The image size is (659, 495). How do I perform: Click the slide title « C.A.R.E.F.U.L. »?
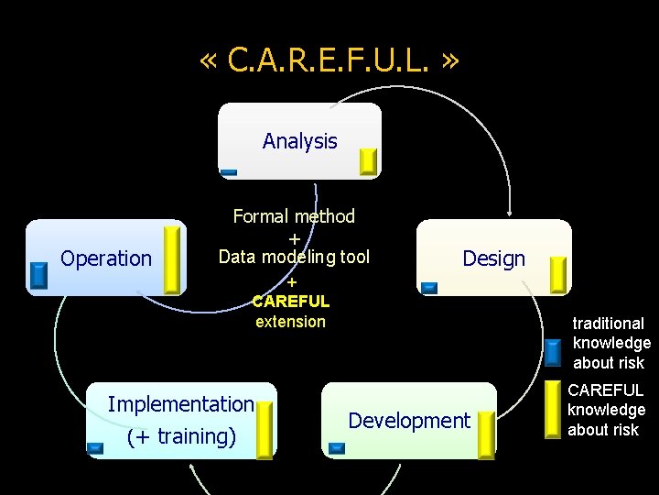tap(329, 60)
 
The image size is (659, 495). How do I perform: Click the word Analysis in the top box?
tap(299, 141)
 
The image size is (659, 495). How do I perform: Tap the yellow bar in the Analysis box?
tap(368, 161)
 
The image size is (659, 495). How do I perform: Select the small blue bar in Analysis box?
tap(229, 172)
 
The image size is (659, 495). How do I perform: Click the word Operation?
tap(106, 258)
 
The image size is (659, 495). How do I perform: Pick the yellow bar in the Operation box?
tap(171, 259)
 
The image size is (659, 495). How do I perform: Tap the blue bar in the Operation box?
tap(38, 276)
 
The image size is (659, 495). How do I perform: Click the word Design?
tap(493, 258)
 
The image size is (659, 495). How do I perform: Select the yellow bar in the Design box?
tap(557, 276)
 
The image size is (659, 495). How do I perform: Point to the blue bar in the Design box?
tap(429, 288)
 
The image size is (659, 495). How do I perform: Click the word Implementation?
tap(180, 404)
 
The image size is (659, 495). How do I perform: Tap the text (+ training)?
tap(181, 436)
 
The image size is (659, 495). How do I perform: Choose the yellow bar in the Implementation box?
tap(265, 430)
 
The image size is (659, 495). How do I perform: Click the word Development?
tap(409, 421)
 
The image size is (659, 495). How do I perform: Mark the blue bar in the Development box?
tap(336, 448)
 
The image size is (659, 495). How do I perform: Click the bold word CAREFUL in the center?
tap(290, 301)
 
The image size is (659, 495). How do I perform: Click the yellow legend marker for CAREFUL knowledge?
tap(552, 408)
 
